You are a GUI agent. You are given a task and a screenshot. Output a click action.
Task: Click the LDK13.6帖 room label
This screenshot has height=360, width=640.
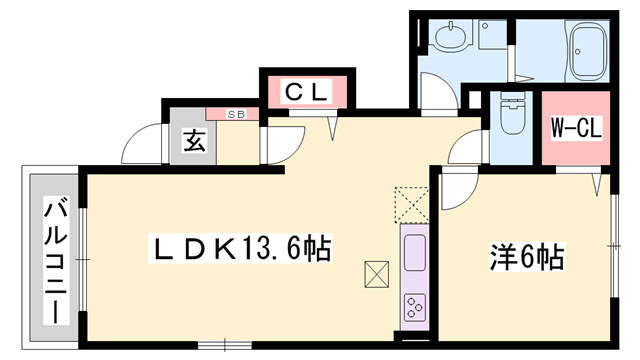click(x=241, y=246)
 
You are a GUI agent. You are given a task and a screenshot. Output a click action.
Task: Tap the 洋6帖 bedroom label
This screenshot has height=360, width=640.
click(x=527, y=258)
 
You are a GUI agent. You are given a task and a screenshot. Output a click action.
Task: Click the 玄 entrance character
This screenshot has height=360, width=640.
click(x=194, y=141)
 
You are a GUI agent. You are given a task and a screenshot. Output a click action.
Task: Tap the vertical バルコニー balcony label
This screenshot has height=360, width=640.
click(x=55, y=257)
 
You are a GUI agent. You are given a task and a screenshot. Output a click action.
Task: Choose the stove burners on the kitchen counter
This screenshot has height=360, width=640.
click(x=414, y=304)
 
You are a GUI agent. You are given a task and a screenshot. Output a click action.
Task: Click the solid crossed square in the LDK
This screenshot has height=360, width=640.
click(x=376, y=272)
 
